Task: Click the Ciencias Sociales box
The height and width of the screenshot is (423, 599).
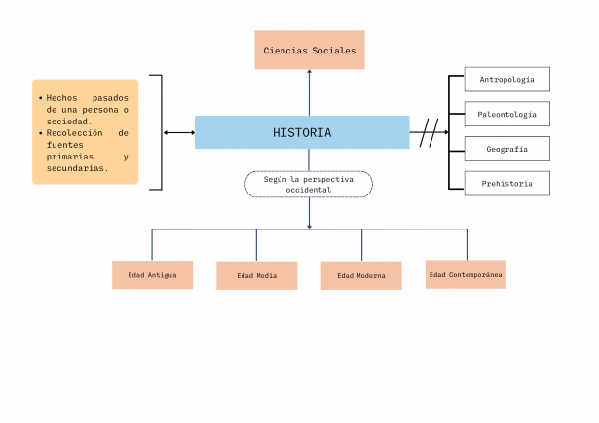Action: [x=310, y=50]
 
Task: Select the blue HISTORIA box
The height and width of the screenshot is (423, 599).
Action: [x=302, y=132]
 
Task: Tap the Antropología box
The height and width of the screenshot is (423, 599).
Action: [x=506, y=79]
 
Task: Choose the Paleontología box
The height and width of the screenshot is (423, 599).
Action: [x=506, y=114]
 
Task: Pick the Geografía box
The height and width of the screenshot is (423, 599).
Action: [x=506, y=149]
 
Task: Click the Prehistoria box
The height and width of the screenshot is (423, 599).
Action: [x=506, y=183]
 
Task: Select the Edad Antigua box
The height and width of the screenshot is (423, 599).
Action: [x=152, y=275]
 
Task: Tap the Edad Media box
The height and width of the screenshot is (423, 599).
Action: [x=257, y=275]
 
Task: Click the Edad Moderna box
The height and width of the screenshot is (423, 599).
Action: [x=361, y=275]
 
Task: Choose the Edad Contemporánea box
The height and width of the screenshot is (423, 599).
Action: [x=466, y=274]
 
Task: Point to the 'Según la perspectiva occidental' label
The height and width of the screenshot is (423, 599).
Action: [x=309, y=185]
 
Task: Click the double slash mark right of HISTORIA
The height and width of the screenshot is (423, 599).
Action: [x=429, y=132]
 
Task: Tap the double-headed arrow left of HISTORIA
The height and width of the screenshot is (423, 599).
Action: [x=179, y=132]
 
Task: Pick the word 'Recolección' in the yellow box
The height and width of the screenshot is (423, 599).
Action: [x=74, y=133]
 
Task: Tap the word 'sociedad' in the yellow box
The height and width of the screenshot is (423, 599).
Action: [x=68, y=122]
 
